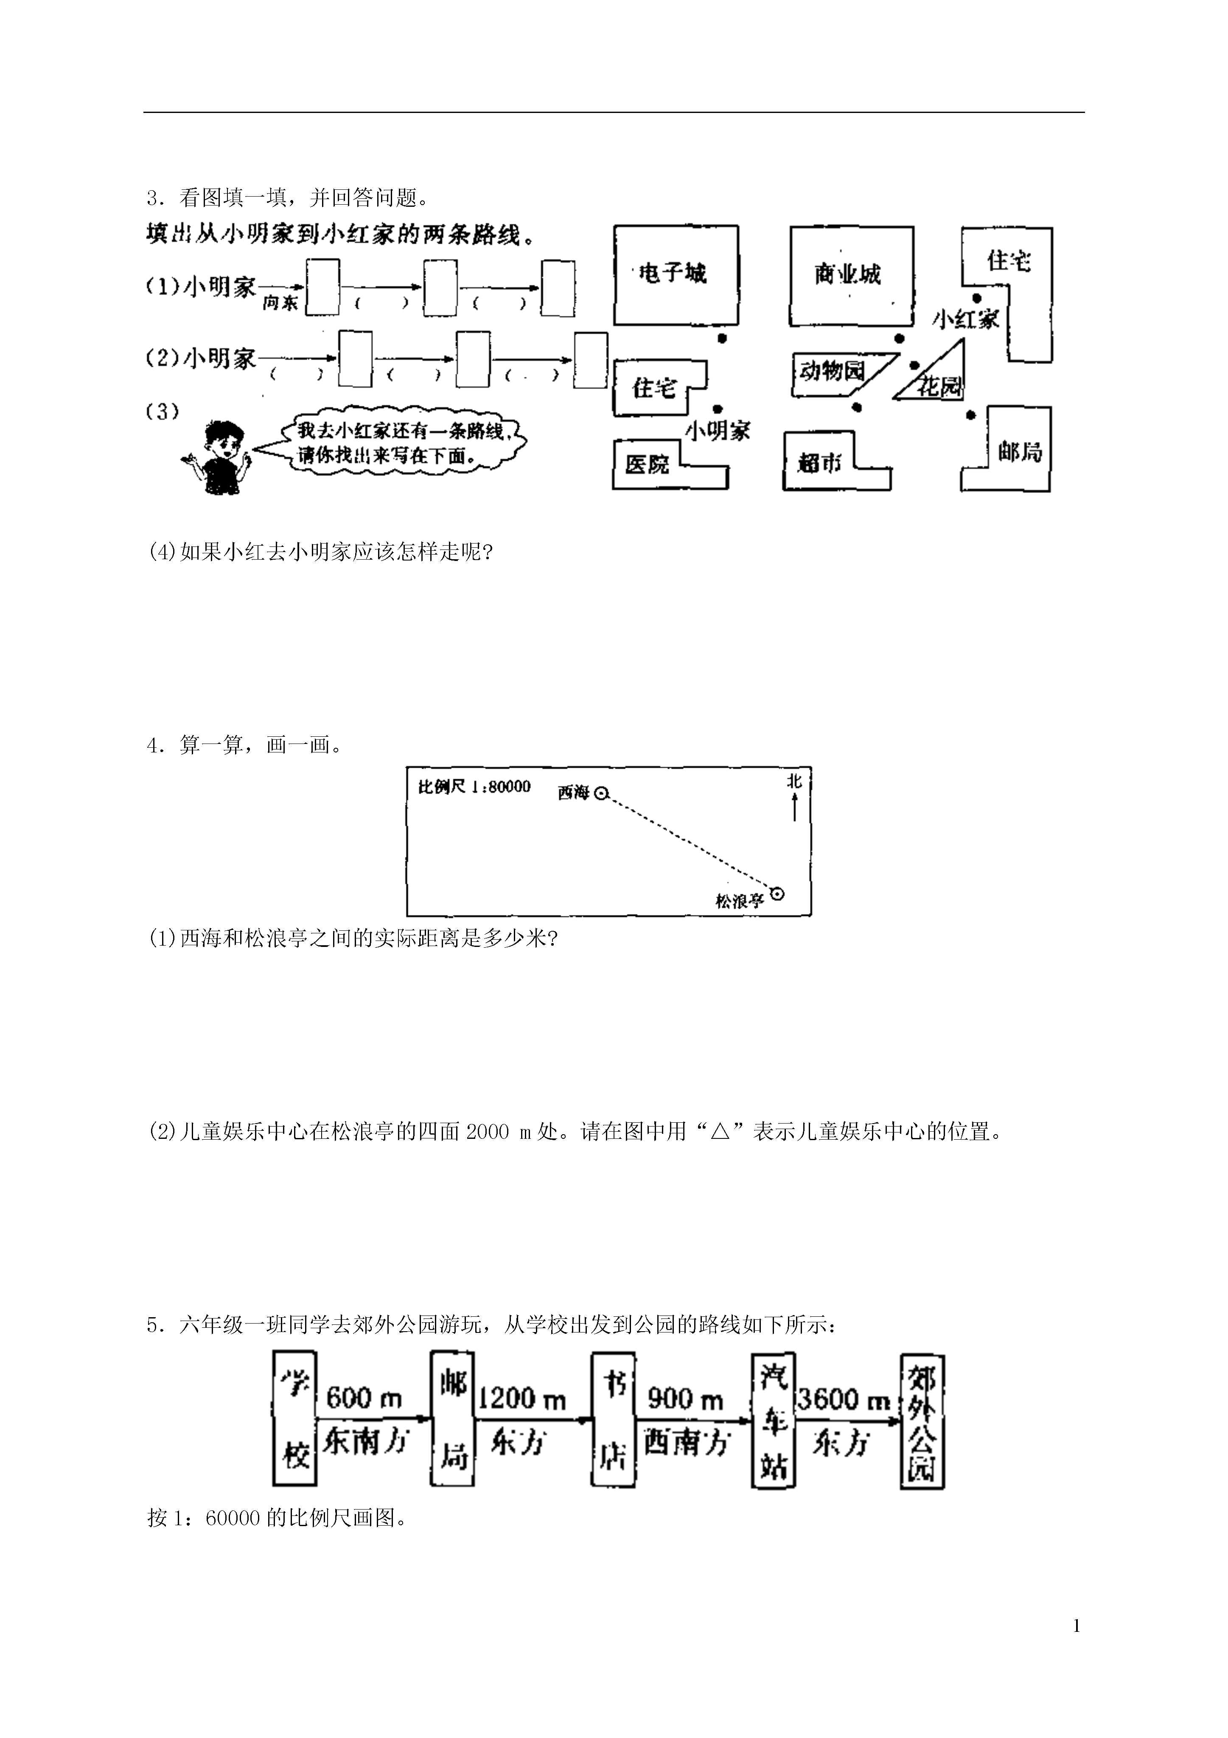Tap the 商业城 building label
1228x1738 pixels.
point(847,273)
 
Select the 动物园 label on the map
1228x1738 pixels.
point(832,371)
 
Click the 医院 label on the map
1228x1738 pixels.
point(647,463)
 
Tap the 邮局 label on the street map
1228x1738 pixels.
point(1020,452)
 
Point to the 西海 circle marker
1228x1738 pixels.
point(601,793)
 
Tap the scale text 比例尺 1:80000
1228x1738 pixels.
point(474,786)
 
